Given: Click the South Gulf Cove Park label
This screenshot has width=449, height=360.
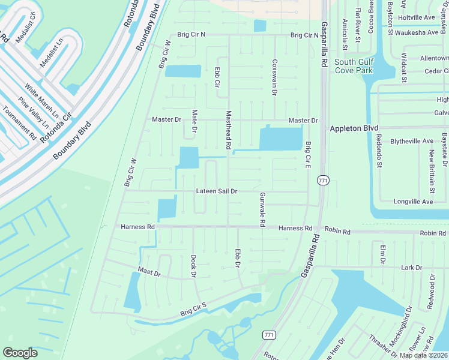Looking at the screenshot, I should [x=355, y=67].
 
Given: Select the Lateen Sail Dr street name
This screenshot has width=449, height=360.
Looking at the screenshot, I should [x=217, y=191].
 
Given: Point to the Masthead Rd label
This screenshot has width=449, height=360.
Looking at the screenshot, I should [x=228, y=130].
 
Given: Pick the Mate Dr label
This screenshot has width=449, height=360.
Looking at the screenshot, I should [x=194, y=121].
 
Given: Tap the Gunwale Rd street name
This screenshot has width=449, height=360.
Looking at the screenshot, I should [x=262, y=210].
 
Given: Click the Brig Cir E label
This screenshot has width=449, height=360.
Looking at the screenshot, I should [x=308, y=155].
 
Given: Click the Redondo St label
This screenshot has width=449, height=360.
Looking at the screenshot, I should [x=379, y=155].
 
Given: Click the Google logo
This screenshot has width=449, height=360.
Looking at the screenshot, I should [x=20, y=353].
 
